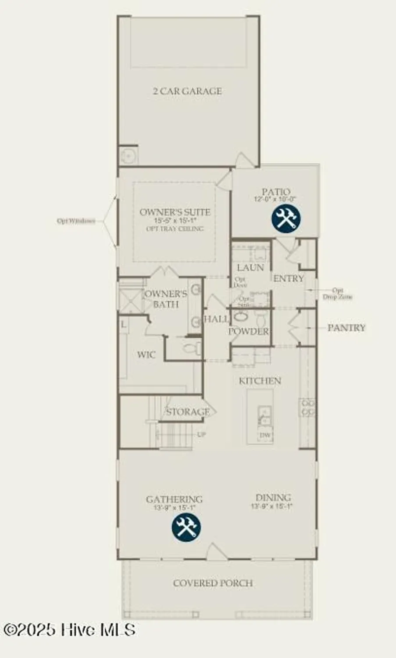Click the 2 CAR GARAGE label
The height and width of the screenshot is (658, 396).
click(x=187, y=91)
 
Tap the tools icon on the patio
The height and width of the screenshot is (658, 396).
click(x=286, y=218)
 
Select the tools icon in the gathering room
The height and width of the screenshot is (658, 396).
click(x=186, y=526)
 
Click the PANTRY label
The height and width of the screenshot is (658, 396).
click(x=346, y=328)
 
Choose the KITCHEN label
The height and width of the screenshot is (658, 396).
click(x=260, y=381)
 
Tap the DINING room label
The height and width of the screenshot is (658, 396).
click(x=273, y=498)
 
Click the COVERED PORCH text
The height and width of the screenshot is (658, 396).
click(x=213, y=583)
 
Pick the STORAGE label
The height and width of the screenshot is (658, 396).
click(x=188, y=412)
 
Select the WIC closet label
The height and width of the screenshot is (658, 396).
click(x=146, y=354)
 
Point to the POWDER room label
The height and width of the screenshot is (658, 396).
click(x=248, y=332)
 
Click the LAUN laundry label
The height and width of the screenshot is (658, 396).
click(x=250, y=268)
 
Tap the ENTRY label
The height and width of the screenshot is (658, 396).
click(x=289, y=279)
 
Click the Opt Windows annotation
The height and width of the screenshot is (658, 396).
click(x=76, y=221)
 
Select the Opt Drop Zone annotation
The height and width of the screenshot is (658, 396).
click(x=337, y=293)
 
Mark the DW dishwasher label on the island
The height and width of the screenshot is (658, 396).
click(x=265, y=435)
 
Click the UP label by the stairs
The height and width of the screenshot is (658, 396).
click(x=201, y=435)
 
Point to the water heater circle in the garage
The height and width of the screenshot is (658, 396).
click(x=128, y=155)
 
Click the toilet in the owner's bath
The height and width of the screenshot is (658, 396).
click(x=192, y=349)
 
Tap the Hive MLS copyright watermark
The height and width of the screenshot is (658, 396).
click(x=69, y=630)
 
